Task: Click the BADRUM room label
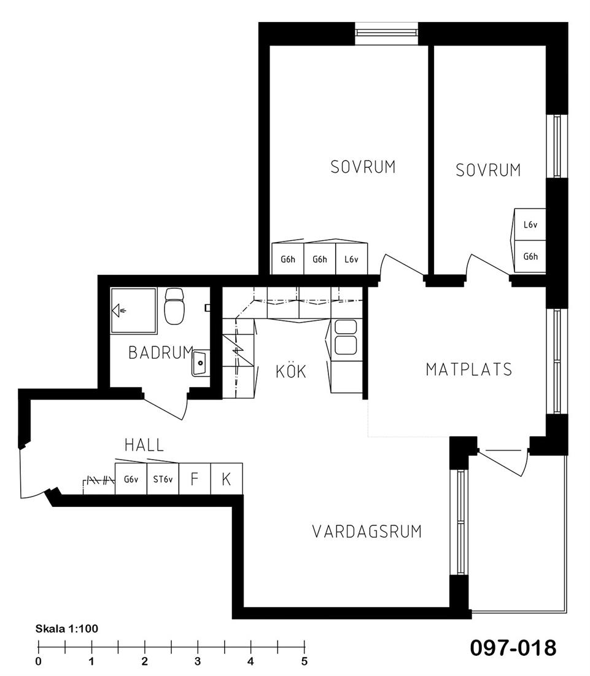pos(161,353)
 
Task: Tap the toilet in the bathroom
pos(174,306)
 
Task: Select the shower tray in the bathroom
pos(133,310)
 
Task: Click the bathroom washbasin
pos(201,363)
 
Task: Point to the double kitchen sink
pos(346,337)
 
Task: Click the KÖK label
pos(291,371)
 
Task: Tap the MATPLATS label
pos(469,369)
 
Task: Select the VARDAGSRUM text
pos(367,532)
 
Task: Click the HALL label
pos(144,445)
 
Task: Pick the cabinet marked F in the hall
pos(195,479)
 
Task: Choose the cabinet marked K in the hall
pos(227,479)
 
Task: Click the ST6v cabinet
pos(163,479)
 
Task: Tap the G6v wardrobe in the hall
pos(131,479)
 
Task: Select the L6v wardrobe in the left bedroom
pos(351,259)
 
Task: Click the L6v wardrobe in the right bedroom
pos(530,224)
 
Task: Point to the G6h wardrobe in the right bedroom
pos(530,256)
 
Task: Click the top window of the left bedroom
pos(386,34)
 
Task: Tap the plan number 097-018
pos(513,648)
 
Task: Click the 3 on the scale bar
pos(198,661)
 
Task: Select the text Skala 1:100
pos(67,629)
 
